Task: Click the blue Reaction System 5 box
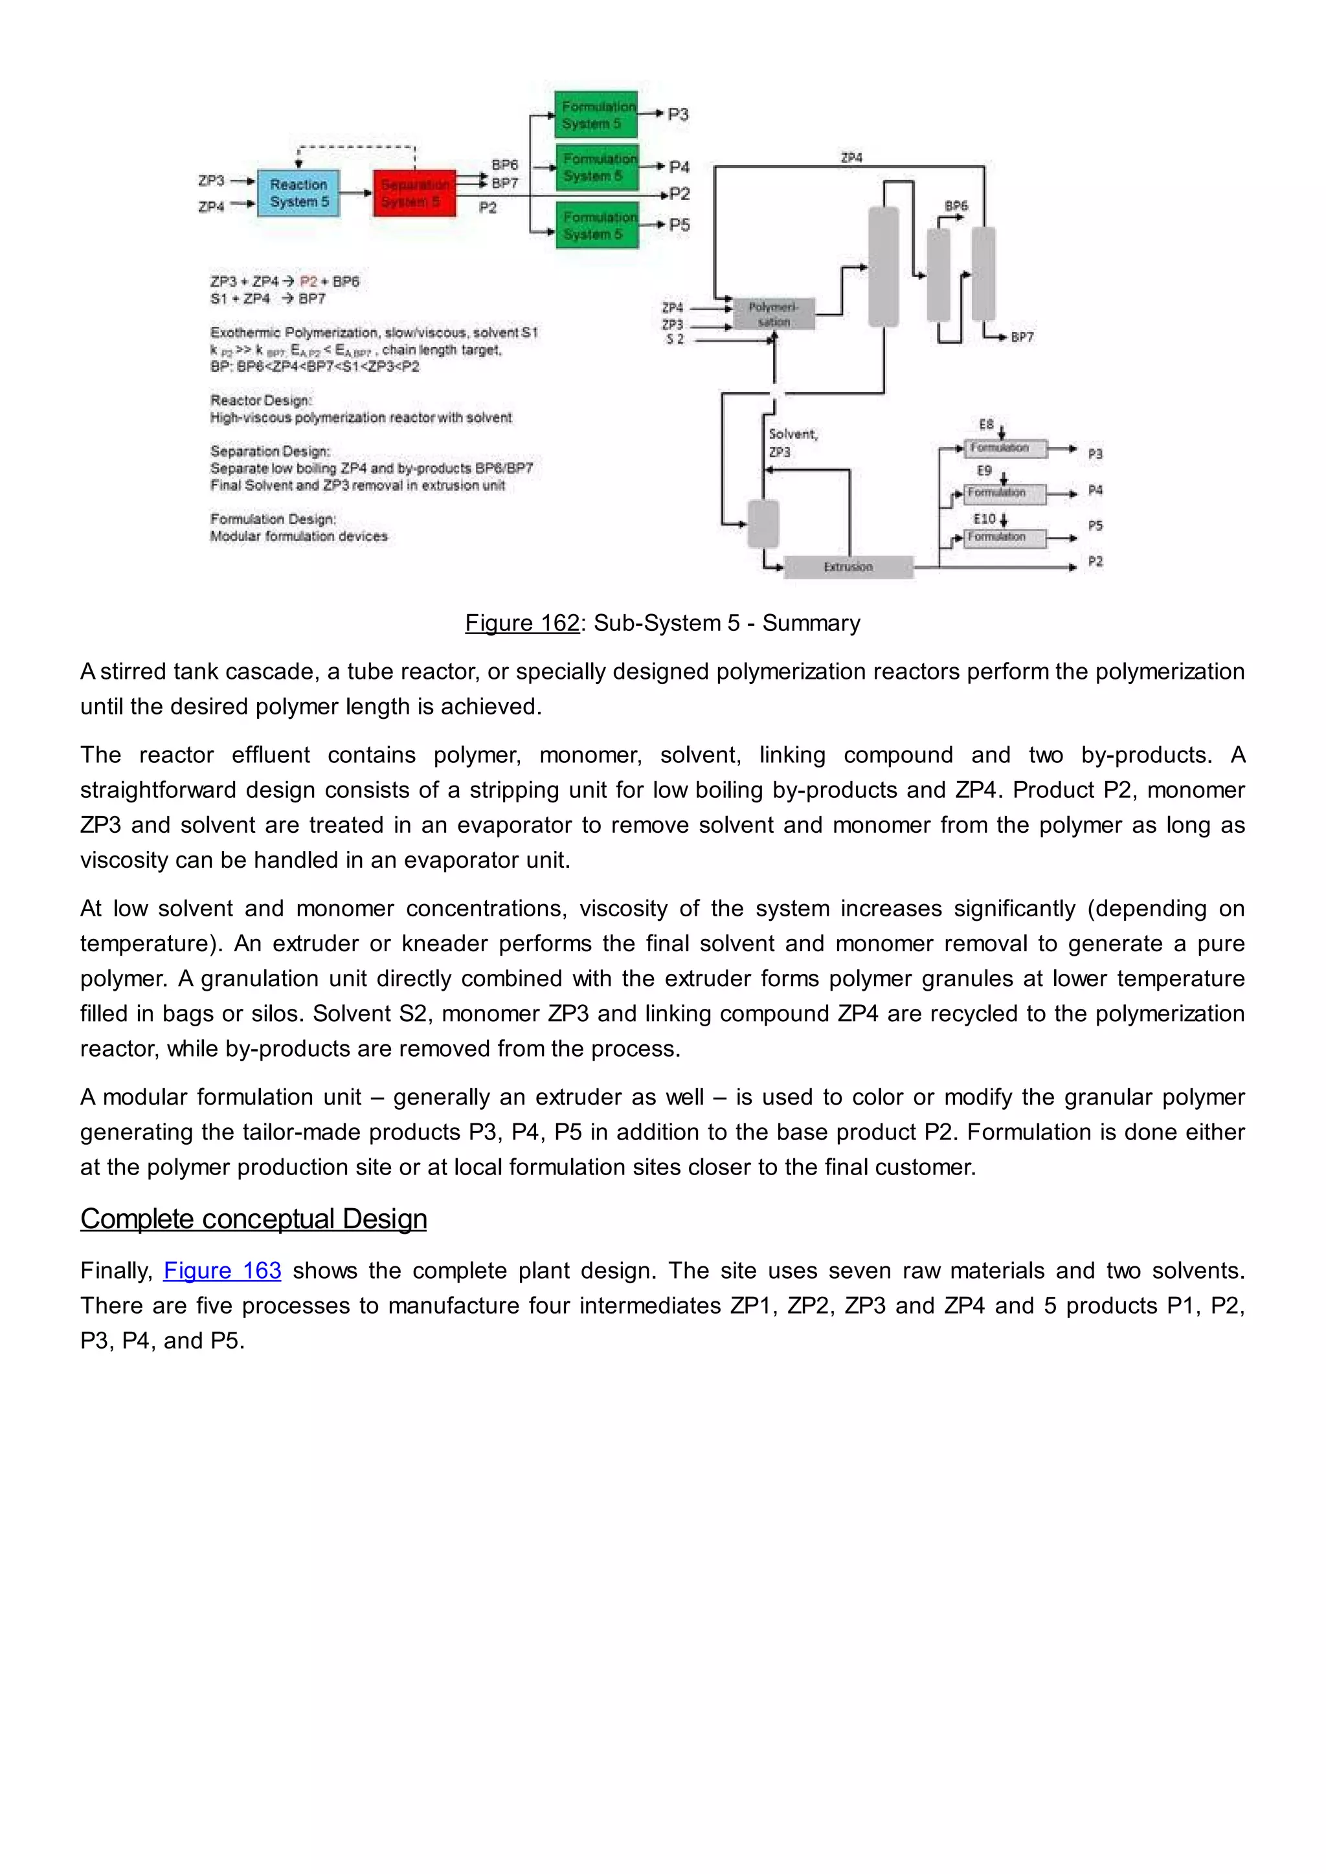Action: pyautogui.click(x=299, y=193)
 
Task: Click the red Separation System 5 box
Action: pyautogui.click(x=414, y=193)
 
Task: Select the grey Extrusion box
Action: pyautogui.click(x=848, y=566)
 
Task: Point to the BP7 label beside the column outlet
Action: pyautogui.click(x=1022, y=337)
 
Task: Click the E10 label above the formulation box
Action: pyautogui.click(x=984, y=519)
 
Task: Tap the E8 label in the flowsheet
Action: pyautogui.click(x=986, y=424)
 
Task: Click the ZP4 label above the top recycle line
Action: pyautogui.click(x=851, y=157)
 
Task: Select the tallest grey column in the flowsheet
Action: pyautogui.click(x=882, y=266)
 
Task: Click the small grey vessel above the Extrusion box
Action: pyautogui.click(x=763, y=524)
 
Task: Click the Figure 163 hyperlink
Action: pyautogui.click(x=222, y=1271)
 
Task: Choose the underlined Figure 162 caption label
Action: pyautogui.click(x=522, y=623)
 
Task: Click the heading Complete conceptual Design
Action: pyautogui.click(x=253, y=1218)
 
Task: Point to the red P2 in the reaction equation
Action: pyautogui.click(x=309, y=281)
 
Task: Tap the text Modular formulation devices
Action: pyautogui.click(x=299, y=536)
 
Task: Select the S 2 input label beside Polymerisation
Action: pyautogui.click(x=675, y=340)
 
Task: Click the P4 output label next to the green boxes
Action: pyautogui.click(x=679, y=168)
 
